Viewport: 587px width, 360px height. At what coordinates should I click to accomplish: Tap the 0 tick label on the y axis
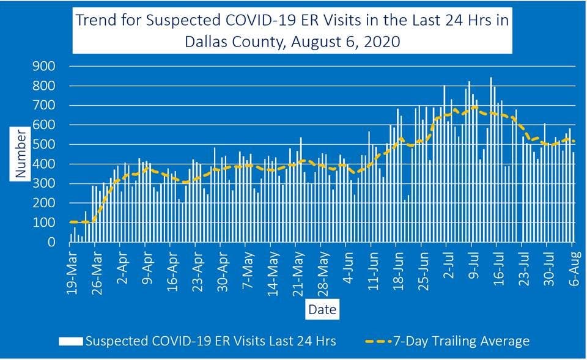point(54,243)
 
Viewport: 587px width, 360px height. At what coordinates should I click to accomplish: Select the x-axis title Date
point(322,310)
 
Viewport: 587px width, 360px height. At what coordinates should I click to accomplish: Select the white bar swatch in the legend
point(71,341)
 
